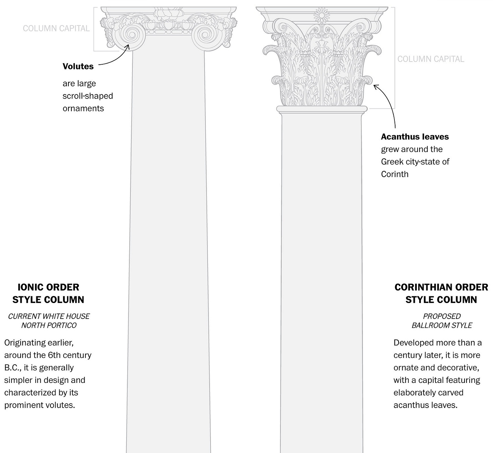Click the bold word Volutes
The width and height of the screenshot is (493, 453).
78,66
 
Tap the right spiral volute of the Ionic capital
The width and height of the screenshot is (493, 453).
205,35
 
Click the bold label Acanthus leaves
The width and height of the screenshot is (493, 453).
415,137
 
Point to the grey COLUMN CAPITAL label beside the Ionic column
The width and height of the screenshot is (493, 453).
56,28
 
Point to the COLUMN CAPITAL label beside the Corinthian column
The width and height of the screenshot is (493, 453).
431,59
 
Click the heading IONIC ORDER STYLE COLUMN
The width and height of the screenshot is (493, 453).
48,294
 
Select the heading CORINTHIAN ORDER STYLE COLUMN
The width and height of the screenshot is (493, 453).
441,294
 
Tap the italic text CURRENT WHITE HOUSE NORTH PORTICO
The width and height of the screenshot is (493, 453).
49,321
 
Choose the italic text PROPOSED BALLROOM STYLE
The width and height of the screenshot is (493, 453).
442,321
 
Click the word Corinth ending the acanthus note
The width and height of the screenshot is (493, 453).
394,174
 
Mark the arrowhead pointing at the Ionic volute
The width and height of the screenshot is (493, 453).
128,46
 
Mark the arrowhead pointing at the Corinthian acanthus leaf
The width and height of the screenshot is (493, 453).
375,86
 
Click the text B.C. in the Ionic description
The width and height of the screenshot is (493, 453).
12,368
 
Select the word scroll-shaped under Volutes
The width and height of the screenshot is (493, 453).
88,96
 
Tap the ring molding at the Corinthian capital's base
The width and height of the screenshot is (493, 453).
322,109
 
